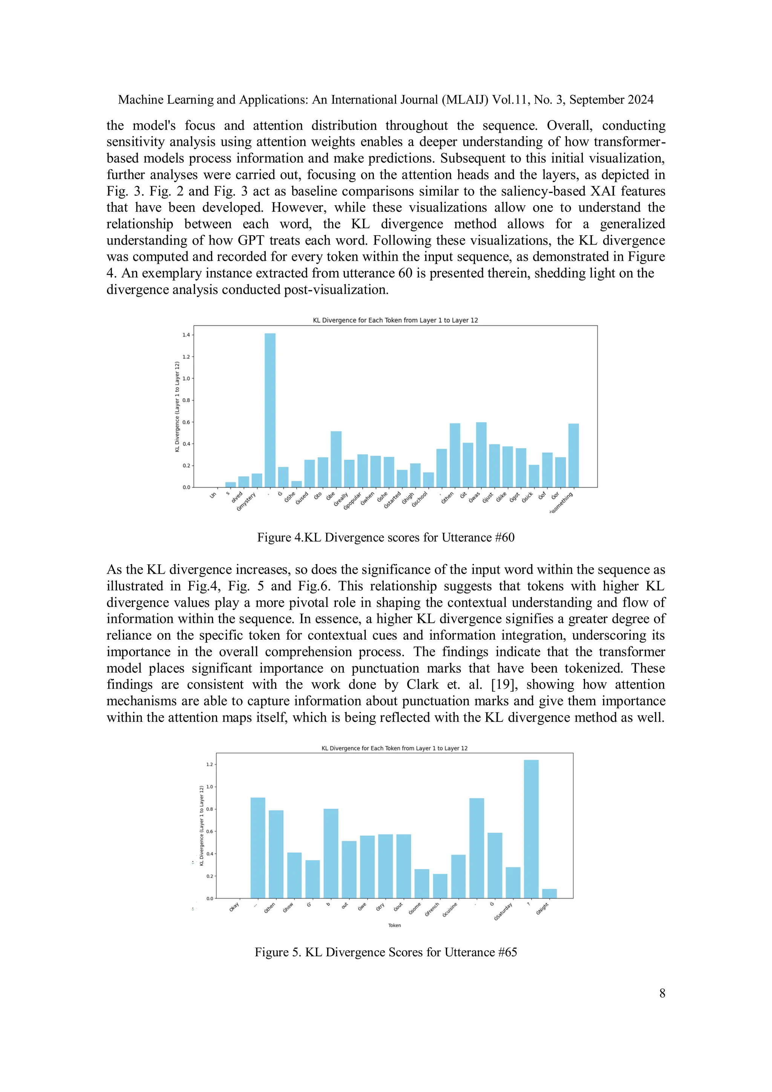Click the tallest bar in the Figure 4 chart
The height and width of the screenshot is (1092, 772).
(270, 410)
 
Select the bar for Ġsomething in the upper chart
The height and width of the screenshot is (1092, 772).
(574, 455)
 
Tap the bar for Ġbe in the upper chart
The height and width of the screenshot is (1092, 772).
(336, 459)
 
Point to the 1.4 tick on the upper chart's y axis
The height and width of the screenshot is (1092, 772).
(185, 335)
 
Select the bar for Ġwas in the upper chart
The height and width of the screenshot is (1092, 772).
(481, 454)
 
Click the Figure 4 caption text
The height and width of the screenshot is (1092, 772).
(386, 538)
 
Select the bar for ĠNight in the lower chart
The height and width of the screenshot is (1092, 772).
(549, 893)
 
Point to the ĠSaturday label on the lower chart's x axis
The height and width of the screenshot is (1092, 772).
(503, 911)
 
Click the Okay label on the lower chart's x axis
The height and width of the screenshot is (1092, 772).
(234, 907)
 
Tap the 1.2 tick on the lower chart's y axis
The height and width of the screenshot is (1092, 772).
(209, 764)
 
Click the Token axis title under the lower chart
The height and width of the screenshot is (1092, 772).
(394, 925)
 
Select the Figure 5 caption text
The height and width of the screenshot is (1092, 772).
(386, 952)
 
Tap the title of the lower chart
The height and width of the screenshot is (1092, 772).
(394, 748)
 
